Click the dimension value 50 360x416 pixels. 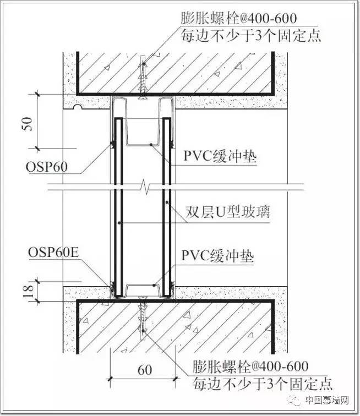coord(28,124)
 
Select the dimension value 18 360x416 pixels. coord(29,291)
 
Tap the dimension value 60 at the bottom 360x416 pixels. coord(145,370)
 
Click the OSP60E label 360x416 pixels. coord(53,253)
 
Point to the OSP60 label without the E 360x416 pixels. coord(47,167)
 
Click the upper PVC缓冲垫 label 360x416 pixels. coord(220,156)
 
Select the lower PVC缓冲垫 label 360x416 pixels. coord(217,256)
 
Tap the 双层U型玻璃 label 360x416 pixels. coord(228,212)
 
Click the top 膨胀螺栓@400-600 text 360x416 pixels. coord(239,18)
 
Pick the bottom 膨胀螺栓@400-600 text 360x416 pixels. coord(250,366)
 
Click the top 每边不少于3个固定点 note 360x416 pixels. coord(251,36)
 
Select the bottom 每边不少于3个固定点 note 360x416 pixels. coord(263,384)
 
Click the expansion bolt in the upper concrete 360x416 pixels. coord(143,78)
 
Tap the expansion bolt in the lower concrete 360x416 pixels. coord(143,319)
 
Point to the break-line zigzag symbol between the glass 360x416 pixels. coord(145,187)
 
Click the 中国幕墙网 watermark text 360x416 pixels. coord(326,400)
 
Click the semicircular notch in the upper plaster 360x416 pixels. coord(77,107)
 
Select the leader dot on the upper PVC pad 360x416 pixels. coord(151,145)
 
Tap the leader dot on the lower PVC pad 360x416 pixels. coord(154,286)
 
